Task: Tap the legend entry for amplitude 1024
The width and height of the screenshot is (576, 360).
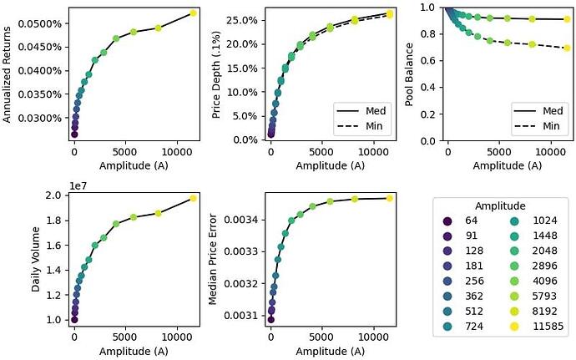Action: [529, 221]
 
